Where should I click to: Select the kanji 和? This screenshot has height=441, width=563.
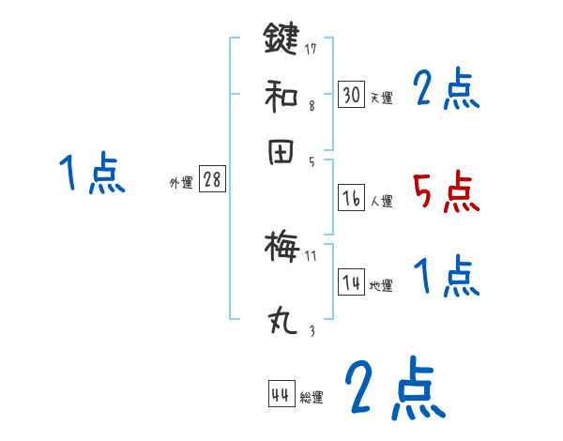click(281, 95)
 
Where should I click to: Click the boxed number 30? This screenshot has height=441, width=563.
click(351, 94)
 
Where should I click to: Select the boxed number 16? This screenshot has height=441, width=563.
click(351, 198)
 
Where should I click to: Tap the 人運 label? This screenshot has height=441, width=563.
click(381, 201)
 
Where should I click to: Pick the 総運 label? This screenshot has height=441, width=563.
click(312, 398)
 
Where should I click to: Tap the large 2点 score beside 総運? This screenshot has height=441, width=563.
click(392, 389)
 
